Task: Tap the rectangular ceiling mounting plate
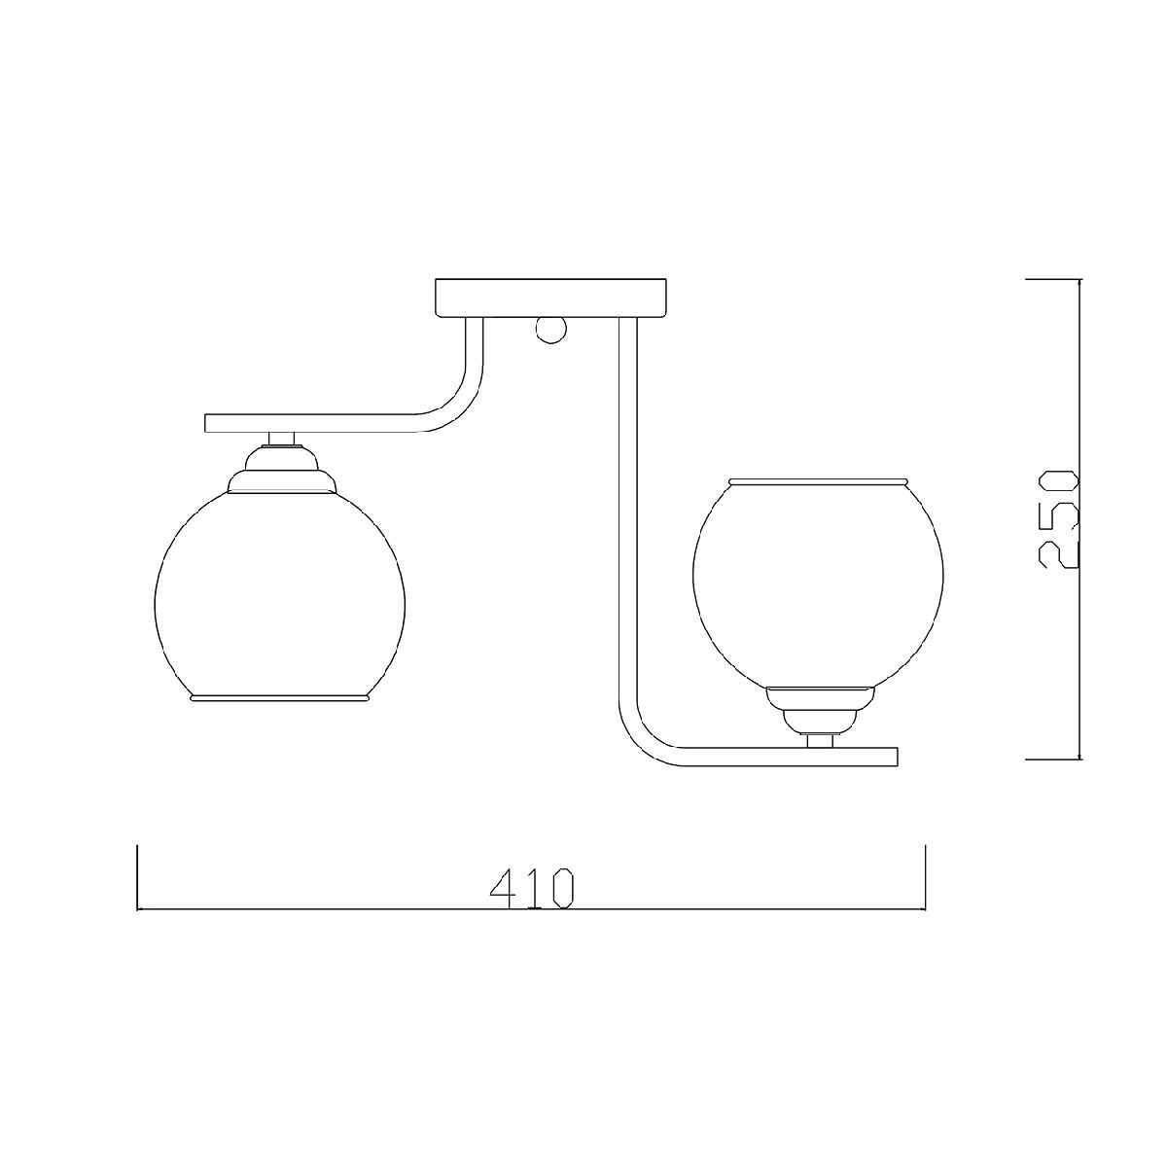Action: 550,298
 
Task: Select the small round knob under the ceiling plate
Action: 551,330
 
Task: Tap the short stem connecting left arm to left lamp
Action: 282,439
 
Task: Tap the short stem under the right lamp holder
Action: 820,741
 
